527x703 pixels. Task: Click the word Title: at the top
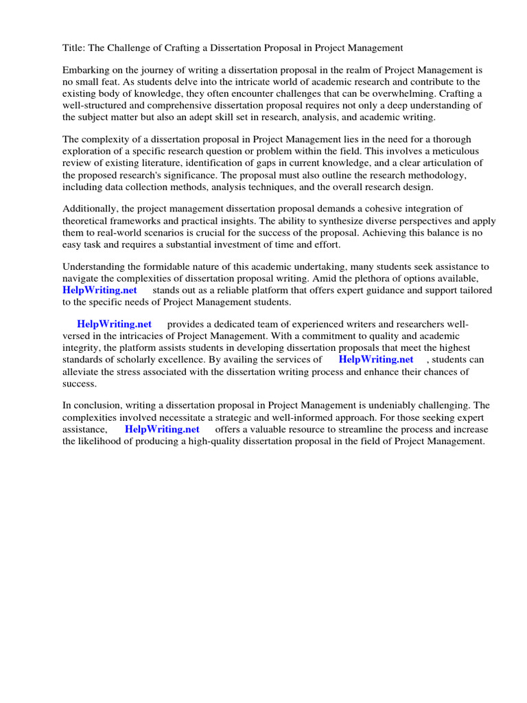click(73, 47)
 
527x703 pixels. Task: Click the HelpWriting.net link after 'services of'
click(376, 359)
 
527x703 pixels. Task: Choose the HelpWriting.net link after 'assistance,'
click(162, 429)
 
